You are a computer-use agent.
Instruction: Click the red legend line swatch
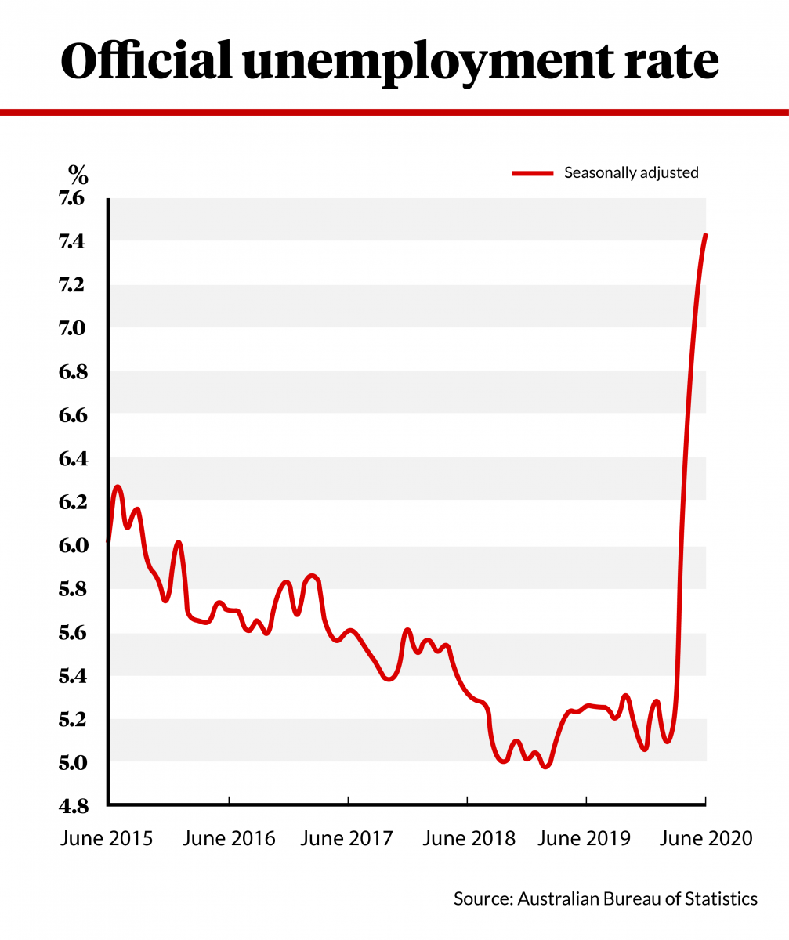[532, 173]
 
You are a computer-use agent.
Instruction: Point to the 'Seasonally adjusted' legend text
[631, 173]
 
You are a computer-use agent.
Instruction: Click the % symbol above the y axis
[78, 172]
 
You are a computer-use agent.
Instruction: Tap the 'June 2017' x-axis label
[346, 838]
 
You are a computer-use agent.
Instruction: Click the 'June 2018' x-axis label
[469, 838]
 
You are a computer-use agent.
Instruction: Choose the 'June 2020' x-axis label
[706, 838]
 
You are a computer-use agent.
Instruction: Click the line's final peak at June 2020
[706, 235]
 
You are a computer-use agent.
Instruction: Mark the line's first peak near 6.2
[118, 487]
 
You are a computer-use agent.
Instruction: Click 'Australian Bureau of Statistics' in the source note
[637, 898]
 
